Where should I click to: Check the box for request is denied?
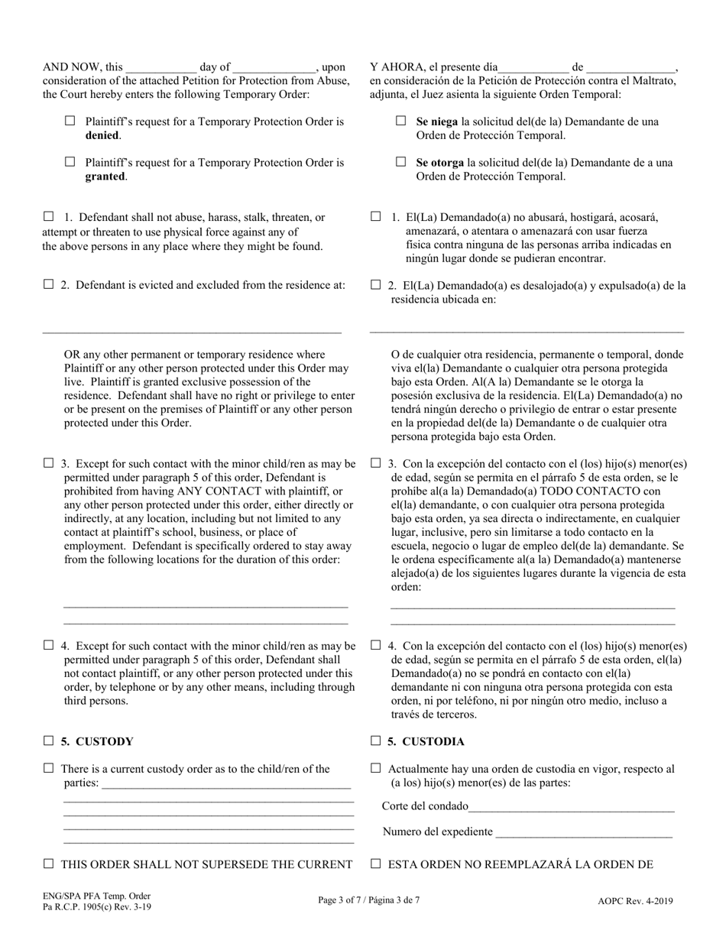[x=70, y=121]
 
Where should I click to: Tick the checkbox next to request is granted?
[x=70, y=162]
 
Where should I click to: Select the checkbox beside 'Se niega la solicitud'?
[x=401, y=121]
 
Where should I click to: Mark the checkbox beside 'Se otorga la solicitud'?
[x=401, y=162]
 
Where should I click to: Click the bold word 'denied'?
[x=102, y=135]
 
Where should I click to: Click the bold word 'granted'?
[x=105, y=177]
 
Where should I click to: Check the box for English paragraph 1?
[x=49, y=217]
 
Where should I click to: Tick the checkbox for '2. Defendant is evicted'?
[x=49, y=285]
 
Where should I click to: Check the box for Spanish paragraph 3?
[x=376, y=463]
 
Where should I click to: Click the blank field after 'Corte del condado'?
[x=572, y=806]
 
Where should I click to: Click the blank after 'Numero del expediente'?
[x=584, y=832]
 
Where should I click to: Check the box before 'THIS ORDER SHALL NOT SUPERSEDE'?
[x=49, y=864]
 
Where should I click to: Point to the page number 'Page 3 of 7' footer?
[x=344, y=900]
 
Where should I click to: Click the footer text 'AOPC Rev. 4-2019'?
[x=635, y=901]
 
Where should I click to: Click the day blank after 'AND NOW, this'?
[x=160, y=67]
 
